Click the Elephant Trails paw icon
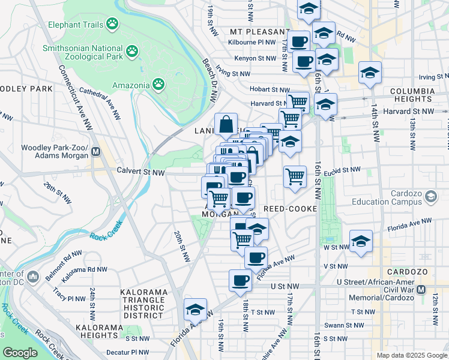[112, 24]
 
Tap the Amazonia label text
[129, 85]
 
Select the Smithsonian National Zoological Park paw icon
[133, 53]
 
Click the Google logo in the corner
[20, 353]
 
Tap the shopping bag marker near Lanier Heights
[226, 125]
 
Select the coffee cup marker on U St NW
[240, 281]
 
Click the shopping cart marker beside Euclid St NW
[295, 177]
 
